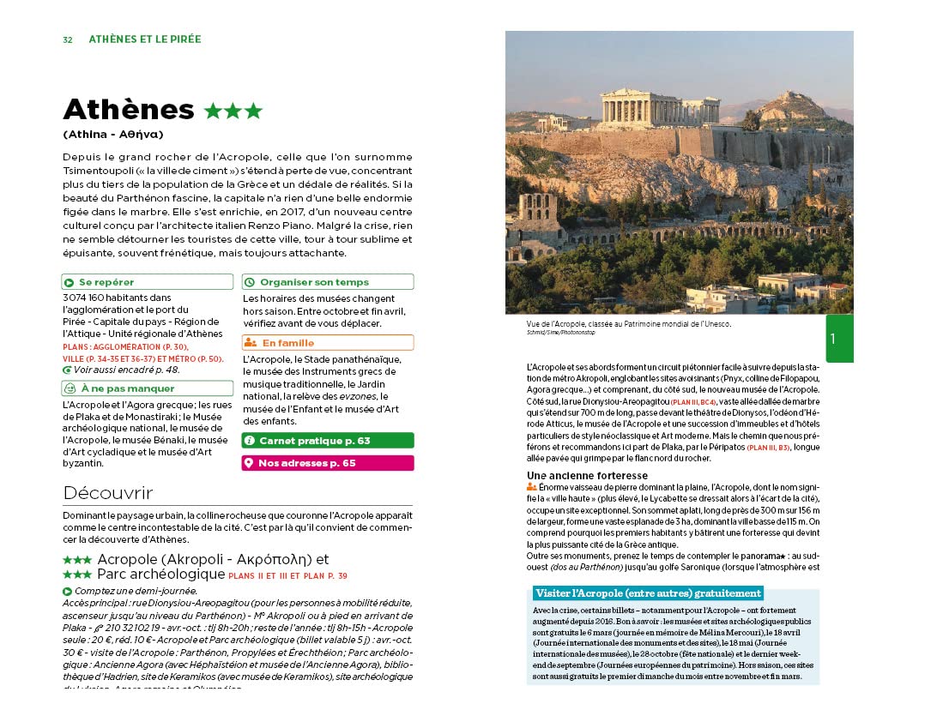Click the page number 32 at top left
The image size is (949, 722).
click(x=67, y=39)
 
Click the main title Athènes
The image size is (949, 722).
click(x=129, y=110)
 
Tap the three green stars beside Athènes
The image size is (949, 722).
click(x=233, y=111)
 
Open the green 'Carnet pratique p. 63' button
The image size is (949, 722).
click(x=327, y=441)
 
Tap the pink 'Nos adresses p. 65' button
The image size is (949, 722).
click(x=327, y=463)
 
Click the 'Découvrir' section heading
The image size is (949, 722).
click(x=107, y=493)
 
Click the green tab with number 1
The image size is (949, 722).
click(x=839, y=339)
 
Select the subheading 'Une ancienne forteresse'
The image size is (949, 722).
click(x=587, y=476)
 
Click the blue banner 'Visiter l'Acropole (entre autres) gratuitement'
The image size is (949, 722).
click(x=647, y=593)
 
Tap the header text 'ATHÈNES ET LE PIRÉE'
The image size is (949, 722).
click(x=145, y=39)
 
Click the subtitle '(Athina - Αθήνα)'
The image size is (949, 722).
click(x=112, y=135)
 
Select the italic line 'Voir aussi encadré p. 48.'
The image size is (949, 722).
click(x=127, y=370)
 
